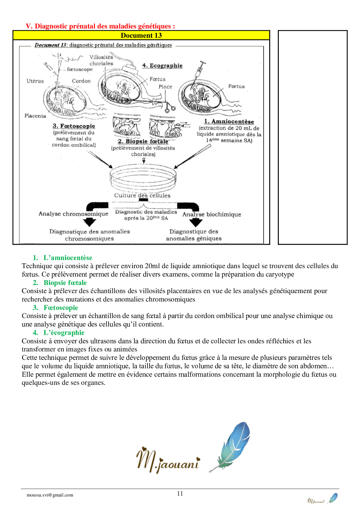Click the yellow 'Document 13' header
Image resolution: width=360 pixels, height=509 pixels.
(x=141, y=35)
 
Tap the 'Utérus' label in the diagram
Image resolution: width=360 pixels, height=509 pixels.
(x=35, y=81)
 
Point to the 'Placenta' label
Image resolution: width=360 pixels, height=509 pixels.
(x=35, y=116)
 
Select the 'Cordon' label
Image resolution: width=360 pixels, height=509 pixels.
(x=81, y=81)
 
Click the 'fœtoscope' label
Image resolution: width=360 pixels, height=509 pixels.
(x=80, y=69)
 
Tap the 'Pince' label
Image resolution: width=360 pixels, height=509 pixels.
(x=165, y=87)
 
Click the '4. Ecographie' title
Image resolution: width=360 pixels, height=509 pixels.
(x=162, y=66)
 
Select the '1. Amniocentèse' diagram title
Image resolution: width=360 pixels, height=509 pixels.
(x=229, y=122)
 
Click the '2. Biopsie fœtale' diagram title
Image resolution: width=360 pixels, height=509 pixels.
(x=143, y=141)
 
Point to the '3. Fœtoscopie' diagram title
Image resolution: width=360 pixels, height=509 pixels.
(x=74, y=126)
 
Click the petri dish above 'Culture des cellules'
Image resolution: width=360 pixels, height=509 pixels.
(x=143, y=177)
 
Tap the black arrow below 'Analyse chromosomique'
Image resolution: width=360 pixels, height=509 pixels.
(x=90, y=222)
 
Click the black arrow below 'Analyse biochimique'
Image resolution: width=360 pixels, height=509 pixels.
(x=196, y=223)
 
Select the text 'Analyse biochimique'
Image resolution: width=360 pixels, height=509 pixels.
(x=212, y=214)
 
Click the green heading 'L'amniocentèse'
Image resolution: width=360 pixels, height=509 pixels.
(x=68, y=258)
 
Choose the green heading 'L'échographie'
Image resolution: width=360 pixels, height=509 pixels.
(x=64, y=333)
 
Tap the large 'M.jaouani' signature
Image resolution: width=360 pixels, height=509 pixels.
(x=168, y=459)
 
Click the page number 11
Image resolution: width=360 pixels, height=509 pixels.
(x=180, y=493)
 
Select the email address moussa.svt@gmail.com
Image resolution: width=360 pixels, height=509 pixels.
(x=50, y=495)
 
